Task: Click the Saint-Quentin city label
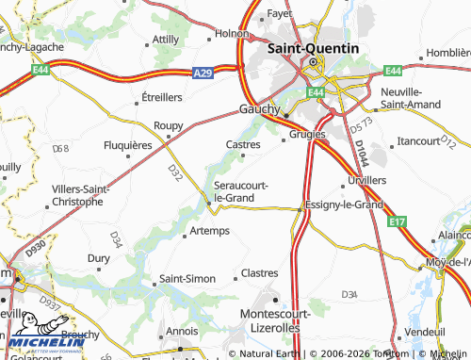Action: coord(313,48)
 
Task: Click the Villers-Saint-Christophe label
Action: coord(78,195)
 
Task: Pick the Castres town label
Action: coord(243,144)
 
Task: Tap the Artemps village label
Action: coord(209,231)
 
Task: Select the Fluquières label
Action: coord(127,145)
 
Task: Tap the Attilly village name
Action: coord(166,39)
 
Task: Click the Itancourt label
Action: coord(419,140)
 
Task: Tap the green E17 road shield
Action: coord(398,221)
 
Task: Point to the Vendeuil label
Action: coord(423,332)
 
